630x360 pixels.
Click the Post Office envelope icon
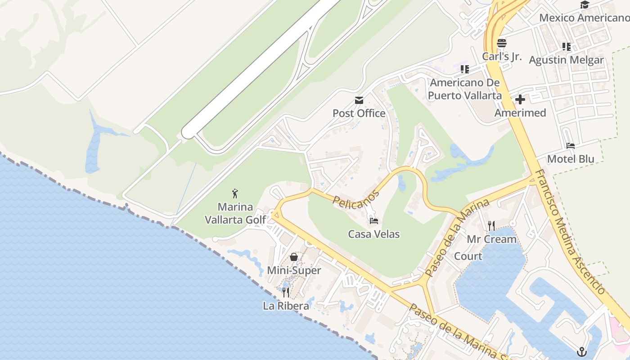(x=359, y=100)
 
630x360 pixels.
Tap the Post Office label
(x=359, y=113)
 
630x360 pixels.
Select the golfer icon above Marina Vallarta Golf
(x=235, y=194)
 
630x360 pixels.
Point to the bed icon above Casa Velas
(x=374, y=221)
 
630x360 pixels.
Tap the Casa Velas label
(x=374, y=234)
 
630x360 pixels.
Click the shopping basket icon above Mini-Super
(x=294, y=257)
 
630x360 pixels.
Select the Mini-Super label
(x=294, y=270)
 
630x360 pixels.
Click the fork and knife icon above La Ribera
(x=286, y=292)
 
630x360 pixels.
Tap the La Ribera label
(x=286, y=306)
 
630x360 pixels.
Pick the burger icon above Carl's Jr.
(x=502, y=43)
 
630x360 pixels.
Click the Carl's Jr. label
(x=502, y=57)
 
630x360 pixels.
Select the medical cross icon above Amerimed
(x=520, y=99)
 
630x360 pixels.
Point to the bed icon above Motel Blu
(x=571, y=146)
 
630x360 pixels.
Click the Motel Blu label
(x=571, y=159)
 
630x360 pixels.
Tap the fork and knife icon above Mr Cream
(x=491, y=225)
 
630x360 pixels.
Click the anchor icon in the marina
(x=582, y=351)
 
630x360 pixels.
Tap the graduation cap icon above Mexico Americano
(x=585, y=5)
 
